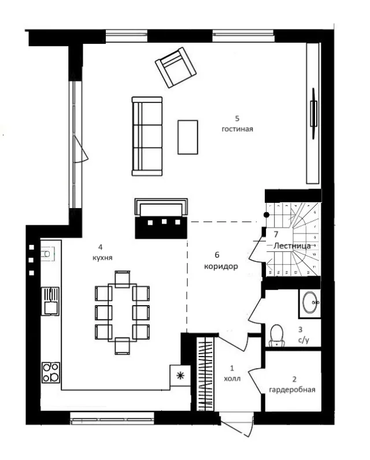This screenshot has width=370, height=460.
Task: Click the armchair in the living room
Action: [176, 68]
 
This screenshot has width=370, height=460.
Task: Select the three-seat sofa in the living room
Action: [147, 136]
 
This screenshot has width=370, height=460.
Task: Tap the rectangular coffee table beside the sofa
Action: [188, 137]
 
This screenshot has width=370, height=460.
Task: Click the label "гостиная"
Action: [237, 129]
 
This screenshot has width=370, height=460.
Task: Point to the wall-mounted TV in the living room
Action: [314, 113]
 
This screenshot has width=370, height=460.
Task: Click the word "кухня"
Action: [102, 258]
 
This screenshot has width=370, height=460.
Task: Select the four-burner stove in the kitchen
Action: [51, 372]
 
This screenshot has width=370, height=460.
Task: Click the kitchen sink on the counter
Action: [50, 301]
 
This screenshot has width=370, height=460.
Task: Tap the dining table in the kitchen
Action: [123, 313]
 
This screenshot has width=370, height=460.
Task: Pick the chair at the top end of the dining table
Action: [123, 279]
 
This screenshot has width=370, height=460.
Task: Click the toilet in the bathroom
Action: [276, 335]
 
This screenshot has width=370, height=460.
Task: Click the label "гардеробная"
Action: [292, 390]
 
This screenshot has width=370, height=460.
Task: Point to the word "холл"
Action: [232, 379]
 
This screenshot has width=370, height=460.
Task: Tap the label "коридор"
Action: [221, 266]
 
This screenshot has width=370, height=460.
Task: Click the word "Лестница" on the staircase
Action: [292, 246]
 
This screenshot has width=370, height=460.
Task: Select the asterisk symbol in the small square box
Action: [180, 375]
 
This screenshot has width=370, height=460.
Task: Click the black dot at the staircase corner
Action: [267, 215]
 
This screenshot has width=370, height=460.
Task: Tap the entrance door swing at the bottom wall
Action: [237, 424]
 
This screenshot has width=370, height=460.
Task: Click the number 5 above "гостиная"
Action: [237, 118]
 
